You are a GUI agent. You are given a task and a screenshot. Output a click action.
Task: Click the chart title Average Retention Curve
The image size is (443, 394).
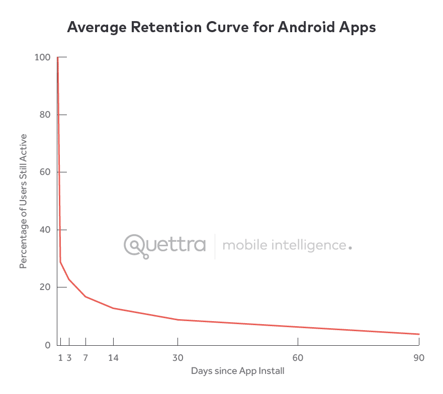tap(221, 28)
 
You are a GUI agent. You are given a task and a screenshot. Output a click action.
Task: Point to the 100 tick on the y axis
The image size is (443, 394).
tap(42, 57)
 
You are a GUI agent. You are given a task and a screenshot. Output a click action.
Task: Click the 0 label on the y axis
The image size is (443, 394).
tap(47, 345)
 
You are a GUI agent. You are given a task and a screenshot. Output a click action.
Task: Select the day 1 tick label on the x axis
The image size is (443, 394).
tap(61, 358)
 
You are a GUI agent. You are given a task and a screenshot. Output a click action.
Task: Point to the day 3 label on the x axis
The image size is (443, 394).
tap(69, 358)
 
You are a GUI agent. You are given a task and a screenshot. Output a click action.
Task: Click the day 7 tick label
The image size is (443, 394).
tap(85, 358)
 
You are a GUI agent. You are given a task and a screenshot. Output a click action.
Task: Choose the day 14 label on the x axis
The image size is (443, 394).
tap(113, 358)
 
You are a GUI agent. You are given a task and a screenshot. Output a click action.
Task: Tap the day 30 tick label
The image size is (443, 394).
tap(178, 358)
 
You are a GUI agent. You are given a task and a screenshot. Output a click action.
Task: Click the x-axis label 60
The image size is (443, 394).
tap(298, 358)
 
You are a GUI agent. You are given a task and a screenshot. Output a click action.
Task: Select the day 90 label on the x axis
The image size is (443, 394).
tap(419, 358)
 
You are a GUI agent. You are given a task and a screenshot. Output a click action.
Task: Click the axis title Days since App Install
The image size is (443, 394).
tap(238, 371)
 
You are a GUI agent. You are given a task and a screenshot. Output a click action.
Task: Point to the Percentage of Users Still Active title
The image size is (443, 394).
tap(23, 201)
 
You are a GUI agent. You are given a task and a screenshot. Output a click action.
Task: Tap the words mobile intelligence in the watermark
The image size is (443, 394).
tap(284, 246)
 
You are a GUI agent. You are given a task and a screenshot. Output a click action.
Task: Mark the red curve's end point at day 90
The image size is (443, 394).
tap(419, 334)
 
